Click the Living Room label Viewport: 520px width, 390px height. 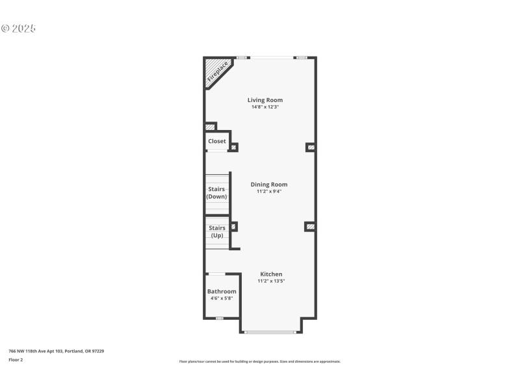point(265,100)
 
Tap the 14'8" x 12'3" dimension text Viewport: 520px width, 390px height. point(265,107)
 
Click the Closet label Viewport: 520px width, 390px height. point(217,141)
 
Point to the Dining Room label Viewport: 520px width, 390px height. point(269,185)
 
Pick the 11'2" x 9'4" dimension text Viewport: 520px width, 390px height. point(269,191)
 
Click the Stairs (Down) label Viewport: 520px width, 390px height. point(217,192)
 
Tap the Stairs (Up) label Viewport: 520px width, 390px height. point(217,231)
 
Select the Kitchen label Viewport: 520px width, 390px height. point(272,274)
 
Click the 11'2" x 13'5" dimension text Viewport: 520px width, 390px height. point(272,281)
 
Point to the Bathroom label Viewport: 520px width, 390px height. point(222,292)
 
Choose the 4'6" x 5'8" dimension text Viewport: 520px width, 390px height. point(222,298)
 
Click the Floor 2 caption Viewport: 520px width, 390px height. point(16,359)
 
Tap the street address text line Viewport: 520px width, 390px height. point(56,351)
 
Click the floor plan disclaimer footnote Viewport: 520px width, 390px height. point(260,361)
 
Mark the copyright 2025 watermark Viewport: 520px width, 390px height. point(18,29)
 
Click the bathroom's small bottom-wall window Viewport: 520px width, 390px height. point(220,318)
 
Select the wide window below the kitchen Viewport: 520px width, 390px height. point(271,332)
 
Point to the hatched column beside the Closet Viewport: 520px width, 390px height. point(233,147)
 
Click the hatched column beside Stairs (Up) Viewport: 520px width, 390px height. point(234,226)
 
